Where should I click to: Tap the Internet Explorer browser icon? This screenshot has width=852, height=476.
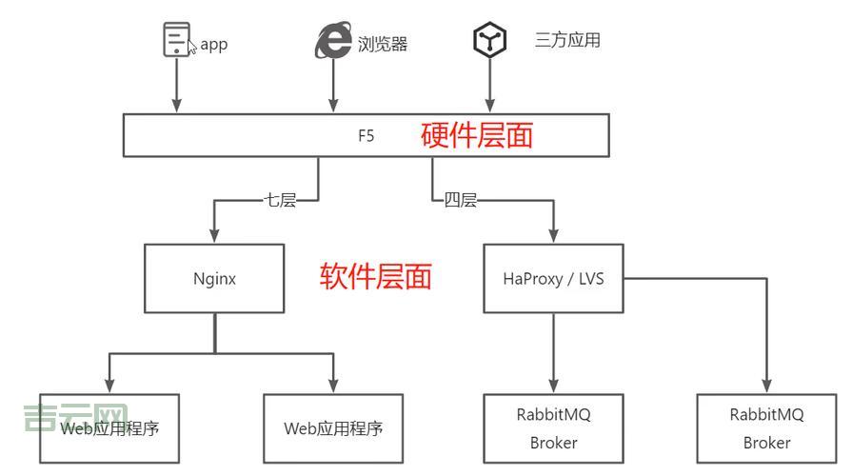tap(333, 41)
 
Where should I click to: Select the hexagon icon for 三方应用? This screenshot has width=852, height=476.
tap(488, 40)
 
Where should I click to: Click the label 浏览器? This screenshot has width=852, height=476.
tap(383, 44)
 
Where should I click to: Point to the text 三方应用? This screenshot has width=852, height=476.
tap(567, 40)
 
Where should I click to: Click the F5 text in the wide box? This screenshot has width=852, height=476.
tap(366, 135)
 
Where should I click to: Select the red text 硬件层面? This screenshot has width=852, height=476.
tap(477, 135)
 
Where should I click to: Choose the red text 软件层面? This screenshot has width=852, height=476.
tap(375, 276)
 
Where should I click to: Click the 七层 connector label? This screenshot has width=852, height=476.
tap(280, 201)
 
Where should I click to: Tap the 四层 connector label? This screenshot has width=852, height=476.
tap(460, 201)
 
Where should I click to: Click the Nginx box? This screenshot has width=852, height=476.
tap(214, 278)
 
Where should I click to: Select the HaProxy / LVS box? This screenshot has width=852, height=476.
tap(553, 278)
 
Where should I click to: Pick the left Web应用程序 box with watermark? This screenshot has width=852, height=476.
tap(109, 428)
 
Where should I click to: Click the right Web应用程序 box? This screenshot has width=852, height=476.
tap(332, 428)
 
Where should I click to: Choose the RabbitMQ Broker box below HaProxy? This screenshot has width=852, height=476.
tap(553, 428)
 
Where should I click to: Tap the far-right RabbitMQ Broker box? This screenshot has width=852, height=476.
tap(766, 428)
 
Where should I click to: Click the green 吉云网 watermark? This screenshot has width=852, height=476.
tap(75, 417)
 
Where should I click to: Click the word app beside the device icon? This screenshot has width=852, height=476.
tap(214, 45)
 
